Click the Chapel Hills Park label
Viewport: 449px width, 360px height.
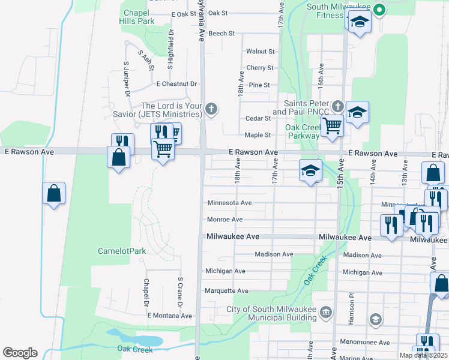pos(139,16)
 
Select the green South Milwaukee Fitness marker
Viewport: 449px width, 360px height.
pos(379,9)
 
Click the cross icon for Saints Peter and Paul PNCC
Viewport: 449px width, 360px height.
pos(337,107)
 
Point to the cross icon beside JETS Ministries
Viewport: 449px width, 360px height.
pos(210,109)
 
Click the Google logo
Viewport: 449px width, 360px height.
pos(20,353)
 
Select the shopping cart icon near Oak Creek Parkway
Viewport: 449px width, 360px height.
pos(331,126)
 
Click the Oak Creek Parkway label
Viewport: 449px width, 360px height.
pos(302,131)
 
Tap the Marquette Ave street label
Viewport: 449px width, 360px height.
pos(226,291)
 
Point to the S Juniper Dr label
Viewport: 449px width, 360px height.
pos(127,79)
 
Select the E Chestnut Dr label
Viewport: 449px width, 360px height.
pos(176,84)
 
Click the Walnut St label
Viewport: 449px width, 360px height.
pos(260,52)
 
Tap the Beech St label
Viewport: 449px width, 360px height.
pos(222,34)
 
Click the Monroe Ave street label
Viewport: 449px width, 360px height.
pos(224,220)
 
